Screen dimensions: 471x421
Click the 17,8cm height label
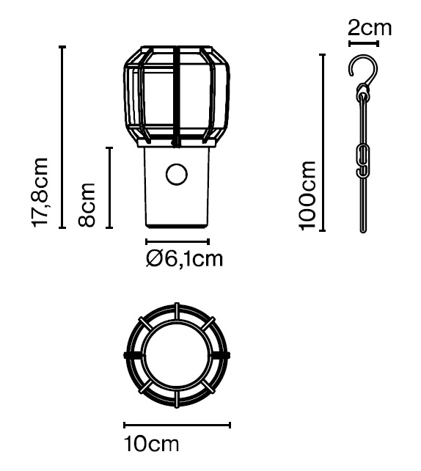coord(41,192)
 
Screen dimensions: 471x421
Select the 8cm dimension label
coord(88,204)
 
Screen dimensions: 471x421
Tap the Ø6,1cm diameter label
coord(184,258)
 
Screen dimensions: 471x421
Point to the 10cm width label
coord(153,445)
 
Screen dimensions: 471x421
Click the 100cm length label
coord(309,194)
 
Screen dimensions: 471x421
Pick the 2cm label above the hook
coord(369,29)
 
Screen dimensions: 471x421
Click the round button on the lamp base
coord(177,175)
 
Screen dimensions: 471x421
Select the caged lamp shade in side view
coord(177,95)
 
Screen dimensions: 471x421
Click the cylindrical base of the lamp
coord(177,187)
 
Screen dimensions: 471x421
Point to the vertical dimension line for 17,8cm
coord(62,137)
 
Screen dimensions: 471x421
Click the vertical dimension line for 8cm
coord(109,188)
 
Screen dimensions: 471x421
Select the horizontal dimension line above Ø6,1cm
coord(177,241)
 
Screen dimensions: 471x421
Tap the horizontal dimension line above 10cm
coord(177,425)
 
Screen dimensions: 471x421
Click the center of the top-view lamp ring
coord(177,354)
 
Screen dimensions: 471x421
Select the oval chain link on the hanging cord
coord(362,160)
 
